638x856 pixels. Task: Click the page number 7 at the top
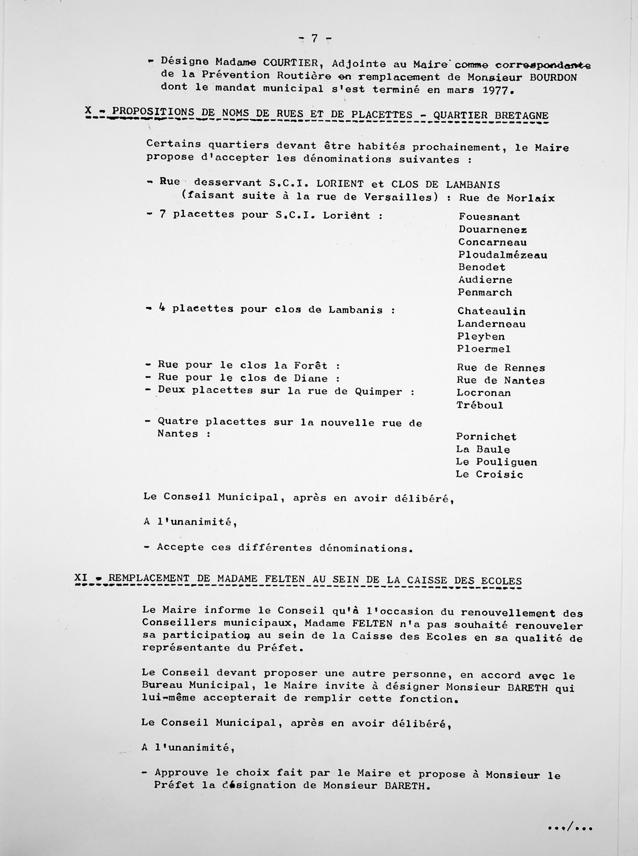pyautogui.click(x=314, y=39)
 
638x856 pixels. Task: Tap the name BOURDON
pyautogui.click(x=553, y=77)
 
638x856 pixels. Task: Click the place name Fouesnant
pyautogui.click(x=489, y=217)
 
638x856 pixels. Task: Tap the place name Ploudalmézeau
pyautogui.click(x=503, y=255)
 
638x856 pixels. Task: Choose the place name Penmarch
pyautogui.click(x=485, y=292)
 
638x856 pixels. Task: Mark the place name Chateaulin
pyautogui.click(x=491, y=311)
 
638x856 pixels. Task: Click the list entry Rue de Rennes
pyautogui.click(x=501, y=368)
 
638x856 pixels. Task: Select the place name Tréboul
pyautogui.click(x=480, y=405)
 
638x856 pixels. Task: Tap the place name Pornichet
pyautogui.click(x=486, y=437)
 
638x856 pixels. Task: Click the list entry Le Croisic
pyautogui.click(x=489, y=474)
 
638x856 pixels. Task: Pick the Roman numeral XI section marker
pyautogui.click(x=81, y=578)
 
